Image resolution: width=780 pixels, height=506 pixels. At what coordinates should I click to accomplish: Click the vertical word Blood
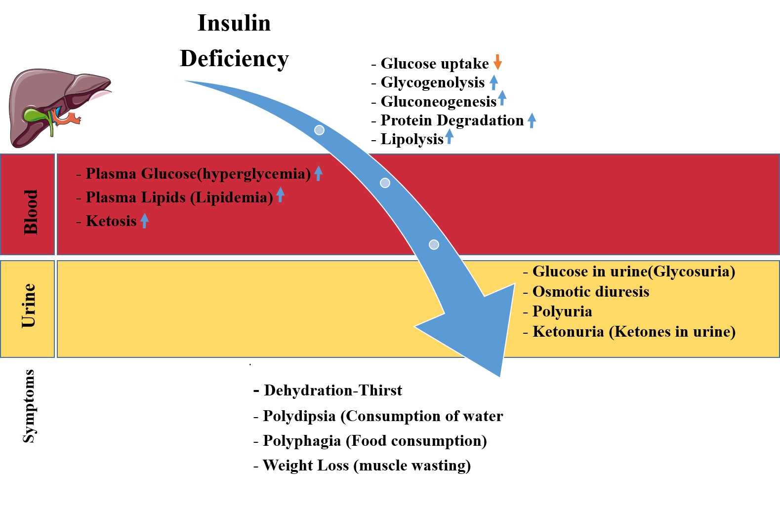(x=31, y=212)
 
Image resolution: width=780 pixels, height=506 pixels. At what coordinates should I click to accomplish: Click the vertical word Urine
(x=29, y=306)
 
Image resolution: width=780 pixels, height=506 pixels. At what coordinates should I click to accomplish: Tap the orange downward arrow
(x=497, y=62)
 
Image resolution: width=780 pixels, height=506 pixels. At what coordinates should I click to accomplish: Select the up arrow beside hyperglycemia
(x=318, y=173)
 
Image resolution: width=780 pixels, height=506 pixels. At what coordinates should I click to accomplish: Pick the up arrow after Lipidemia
(x=280, y=195)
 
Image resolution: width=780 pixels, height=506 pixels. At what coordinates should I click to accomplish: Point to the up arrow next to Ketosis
(x=144, y=220)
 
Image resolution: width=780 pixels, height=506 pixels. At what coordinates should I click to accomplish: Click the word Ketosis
(x=111, y=221)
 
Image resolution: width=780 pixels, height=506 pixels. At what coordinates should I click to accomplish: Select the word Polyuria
(x=562, y=311)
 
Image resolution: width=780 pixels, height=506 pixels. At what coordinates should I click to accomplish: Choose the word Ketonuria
(x=568, y=332)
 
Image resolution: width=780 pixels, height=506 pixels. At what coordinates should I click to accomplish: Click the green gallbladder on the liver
(x=36, y=116)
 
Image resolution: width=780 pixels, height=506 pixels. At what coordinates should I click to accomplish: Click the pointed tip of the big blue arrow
(x=500, y=377)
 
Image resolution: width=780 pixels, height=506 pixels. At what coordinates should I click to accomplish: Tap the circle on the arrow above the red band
(x=319, y=130)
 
